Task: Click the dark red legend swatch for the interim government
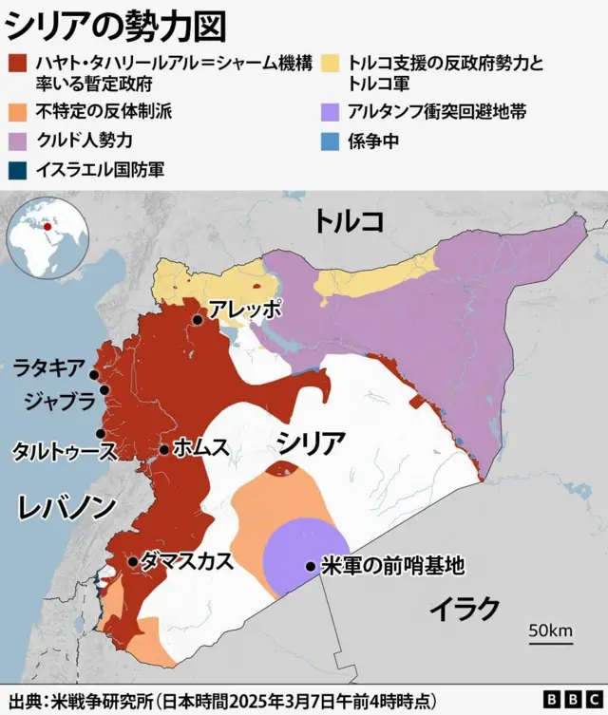pyautogui.click(x=18, y=64)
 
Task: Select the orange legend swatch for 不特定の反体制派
pyautogui.click(x=18, y=111)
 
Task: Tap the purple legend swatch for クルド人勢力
pyautogui.click(x=18, y=141)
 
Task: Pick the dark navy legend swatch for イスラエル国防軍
pyautogui.click(x=18, y=170)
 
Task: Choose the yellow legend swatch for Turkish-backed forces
pyautogui.click(x=332, y=64)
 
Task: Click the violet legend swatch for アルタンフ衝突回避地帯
pyautogui.click(x=332, y=111)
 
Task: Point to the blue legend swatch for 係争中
pyautogui.click(x=332, y=141)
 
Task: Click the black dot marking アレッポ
pyautogui.click(x=197, y=320)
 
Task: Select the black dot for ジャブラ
pyautogui.click(x=104, y=390)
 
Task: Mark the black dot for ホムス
pyautogui.click(x=164, y=449)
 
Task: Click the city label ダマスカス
pyautogui.click(x=186, y=560)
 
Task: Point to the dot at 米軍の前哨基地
pyautogui.click(x=311, y=567)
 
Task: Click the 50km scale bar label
pyautogui.click(x=550, y=631)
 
